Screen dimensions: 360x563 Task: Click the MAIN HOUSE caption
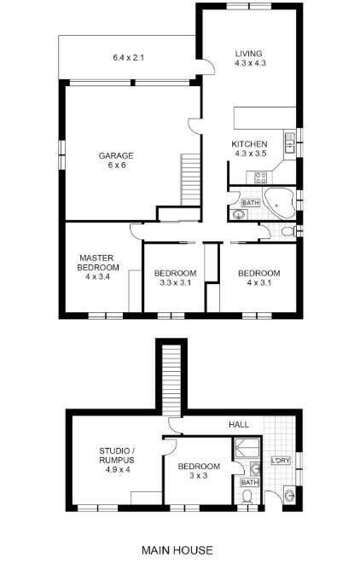click(177, 550)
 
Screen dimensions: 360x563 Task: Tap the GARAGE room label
click(116, 156)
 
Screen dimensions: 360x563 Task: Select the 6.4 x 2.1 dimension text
click(128, 57)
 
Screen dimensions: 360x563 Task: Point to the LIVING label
click(249, 54)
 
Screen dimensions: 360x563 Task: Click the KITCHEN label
click(249, 144)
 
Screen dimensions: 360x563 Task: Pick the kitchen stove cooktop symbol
click(260, 177)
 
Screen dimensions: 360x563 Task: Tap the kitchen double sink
click(290, 143)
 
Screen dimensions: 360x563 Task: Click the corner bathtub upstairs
click(279, 203)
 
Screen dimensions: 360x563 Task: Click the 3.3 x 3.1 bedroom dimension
click(176, 282)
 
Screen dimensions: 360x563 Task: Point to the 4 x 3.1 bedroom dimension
click(259, 282)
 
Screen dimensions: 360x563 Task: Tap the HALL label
click(239, 425)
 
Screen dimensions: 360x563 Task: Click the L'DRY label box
click(281, 461)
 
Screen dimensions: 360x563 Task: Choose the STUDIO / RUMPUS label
click(117, 456)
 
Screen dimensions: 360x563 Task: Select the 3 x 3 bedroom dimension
click(199, 476)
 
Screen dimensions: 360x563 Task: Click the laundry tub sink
click(289, 496)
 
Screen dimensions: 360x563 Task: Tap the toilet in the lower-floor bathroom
click(247, 497)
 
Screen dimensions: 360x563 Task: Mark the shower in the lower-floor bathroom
click(247, 448)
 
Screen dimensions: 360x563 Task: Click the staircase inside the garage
click(190, 179)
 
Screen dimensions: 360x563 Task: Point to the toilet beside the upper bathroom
click(288, 231)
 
